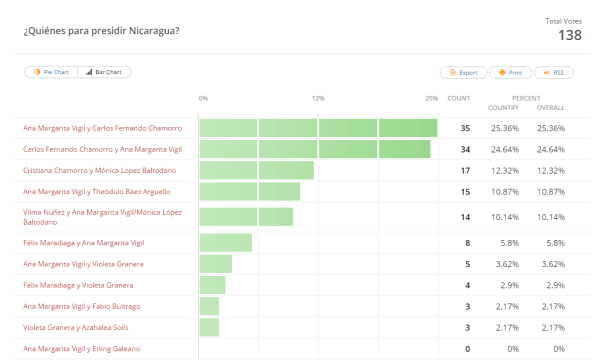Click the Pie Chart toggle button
51,72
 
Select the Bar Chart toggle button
104,72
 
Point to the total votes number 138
569,36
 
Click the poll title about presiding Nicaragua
101,31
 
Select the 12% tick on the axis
318,98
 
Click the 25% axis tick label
431,98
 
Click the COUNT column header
458,98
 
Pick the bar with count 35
318,128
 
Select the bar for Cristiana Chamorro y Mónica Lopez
256,170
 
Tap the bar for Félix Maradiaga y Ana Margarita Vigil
225,243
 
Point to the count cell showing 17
465,170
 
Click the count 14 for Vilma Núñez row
465,216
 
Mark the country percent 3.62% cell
505,264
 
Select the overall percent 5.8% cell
551,243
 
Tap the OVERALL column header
551,107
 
